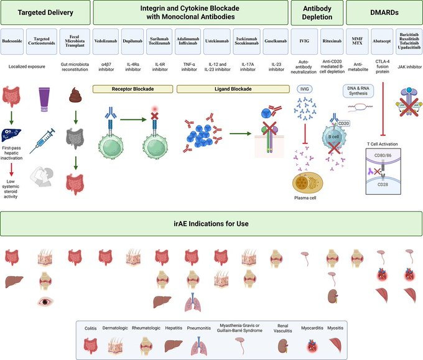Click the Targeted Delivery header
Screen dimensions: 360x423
click(45, 12)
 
